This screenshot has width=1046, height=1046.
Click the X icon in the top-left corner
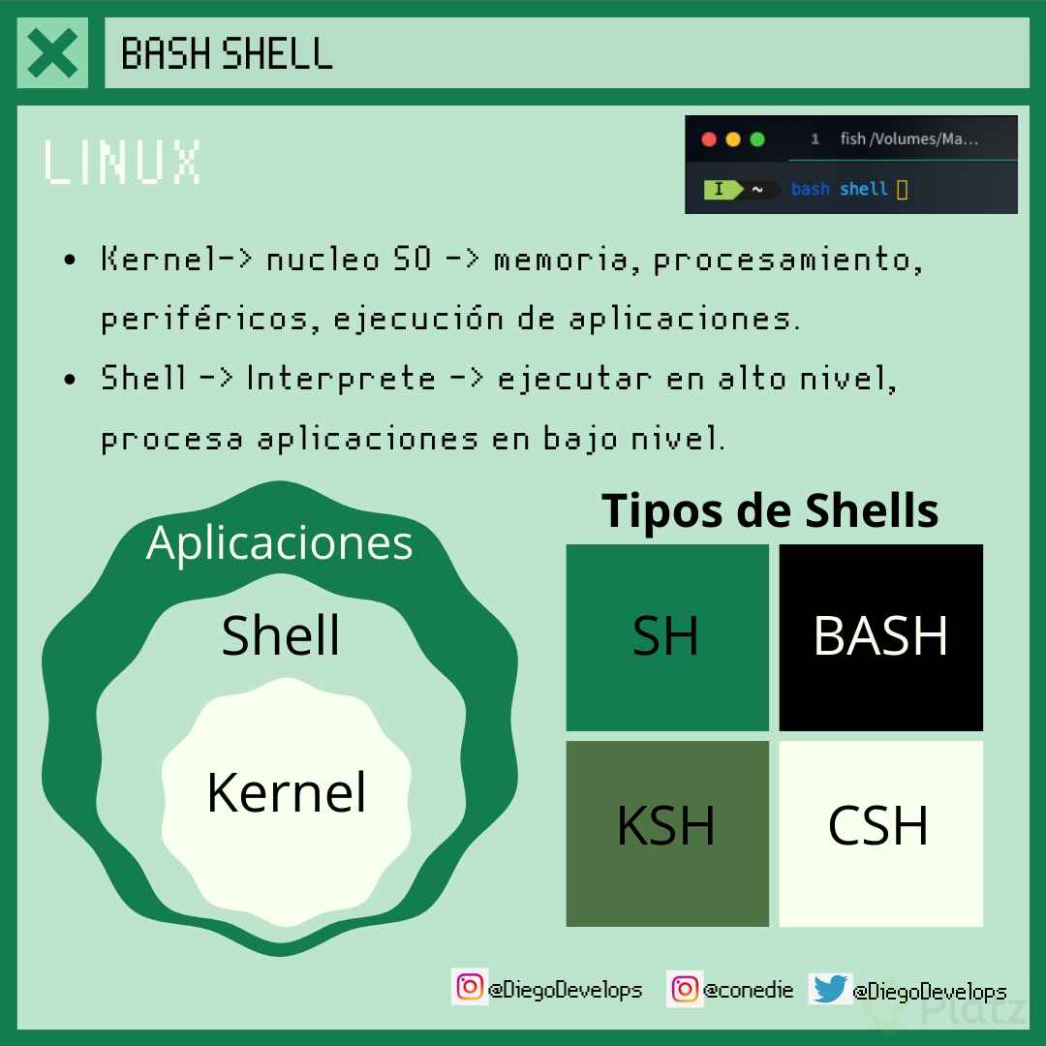[x=52, y=53]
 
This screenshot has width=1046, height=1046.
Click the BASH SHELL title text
[x=227, y=53]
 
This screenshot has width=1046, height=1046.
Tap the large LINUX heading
[x=122, y=162]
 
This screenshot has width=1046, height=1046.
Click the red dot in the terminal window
[x=709, y=139]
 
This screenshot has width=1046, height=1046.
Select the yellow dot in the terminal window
[x=733, y=139]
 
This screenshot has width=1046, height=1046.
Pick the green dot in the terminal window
[x=757, y=139]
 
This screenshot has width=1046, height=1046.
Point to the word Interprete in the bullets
[x=341, y=378]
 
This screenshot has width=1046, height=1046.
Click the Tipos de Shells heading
[x=770, y=509]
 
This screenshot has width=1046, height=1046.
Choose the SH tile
[x=666, y=637]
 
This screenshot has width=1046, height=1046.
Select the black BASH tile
[x=880, y=637]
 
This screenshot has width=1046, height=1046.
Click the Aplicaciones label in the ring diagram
[x=280, y=542]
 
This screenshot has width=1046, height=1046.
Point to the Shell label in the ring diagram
[x=281, y=635]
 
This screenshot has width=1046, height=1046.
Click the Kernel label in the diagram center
[x=287, y=792]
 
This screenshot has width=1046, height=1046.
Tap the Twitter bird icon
[x=830, y=989]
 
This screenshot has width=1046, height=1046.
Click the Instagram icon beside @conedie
[x=685, y=989]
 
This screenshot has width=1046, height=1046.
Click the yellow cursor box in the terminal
[x=903, y=190]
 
